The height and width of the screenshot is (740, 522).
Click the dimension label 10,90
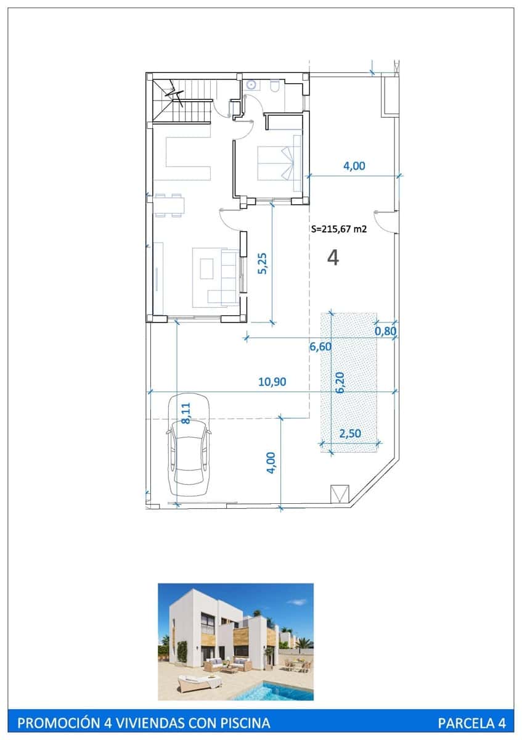coord(272,382)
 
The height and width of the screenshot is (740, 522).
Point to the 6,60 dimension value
coord(320,347)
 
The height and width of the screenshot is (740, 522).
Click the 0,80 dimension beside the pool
coord(386,331)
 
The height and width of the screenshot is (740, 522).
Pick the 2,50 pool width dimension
coord(350,434)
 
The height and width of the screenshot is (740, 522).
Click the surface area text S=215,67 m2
coord(340,229)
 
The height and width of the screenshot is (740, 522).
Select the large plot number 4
coord(333,258)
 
